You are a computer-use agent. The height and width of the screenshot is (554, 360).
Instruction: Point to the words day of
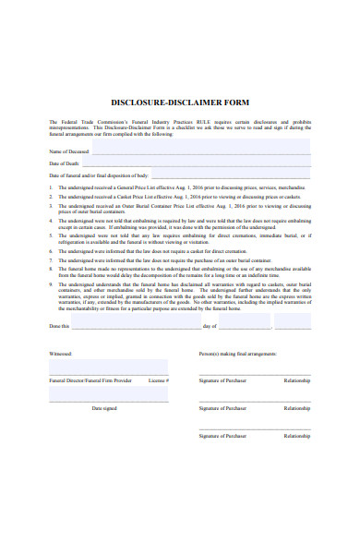click(x=209, y=326)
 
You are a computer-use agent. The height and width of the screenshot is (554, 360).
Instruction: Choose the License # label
click(x=159, y=380)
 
